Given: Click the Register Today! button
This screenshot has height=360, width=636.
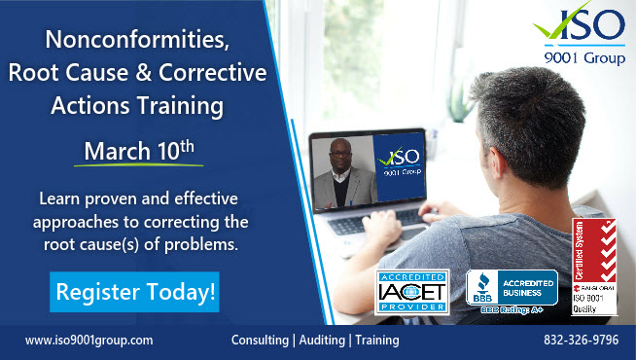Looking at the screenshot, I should (134, 292).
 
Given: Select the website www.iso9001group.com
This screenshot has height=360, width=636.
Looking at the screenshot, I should (89, 341).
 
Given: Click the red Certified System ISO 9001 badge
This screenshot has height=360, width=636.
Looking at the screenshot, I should (595, 267).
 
